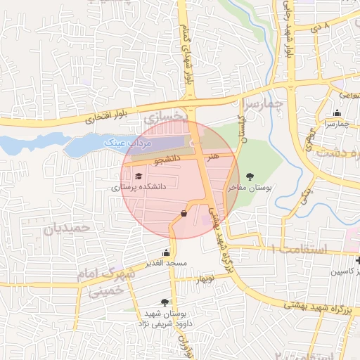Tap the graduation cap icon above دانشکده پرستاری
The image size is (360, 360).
tap(138, 176)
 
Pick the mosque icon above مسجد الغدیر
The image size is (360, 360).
tap(167, 252)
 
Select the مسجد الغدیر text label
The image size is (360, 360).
tap(166, 263)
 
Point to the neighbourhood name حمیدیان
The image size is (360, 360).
tap(67, 229)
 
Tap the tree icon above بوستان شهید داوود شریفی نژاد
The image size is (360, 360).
tap(165, 302)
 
